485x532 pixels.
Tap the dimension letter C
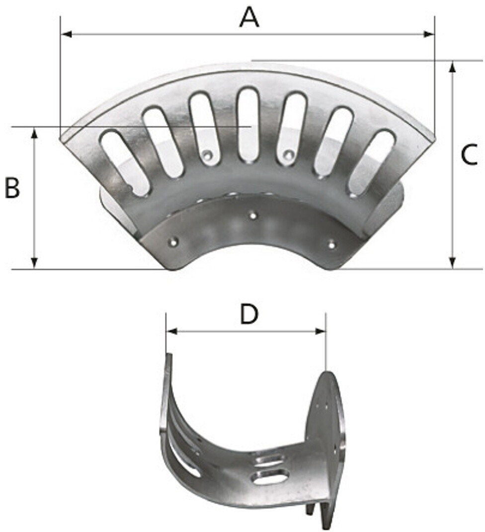pyautogui.click(x=470, y=154)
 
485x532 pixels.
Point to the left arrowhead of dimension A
pyautogui.click(x=66, y=34)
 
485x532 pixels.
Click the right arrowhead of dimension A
pyautogui.click(x=429, y=34)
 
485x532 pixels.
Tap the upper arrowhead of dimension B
pyautogui.click(x=34, y=133)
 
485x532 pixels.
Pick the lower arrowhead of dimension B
pyautogui.click(x=34, y=264)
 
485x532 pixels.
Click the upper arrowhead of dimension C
pyautogui.click(x=452, y=66)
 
